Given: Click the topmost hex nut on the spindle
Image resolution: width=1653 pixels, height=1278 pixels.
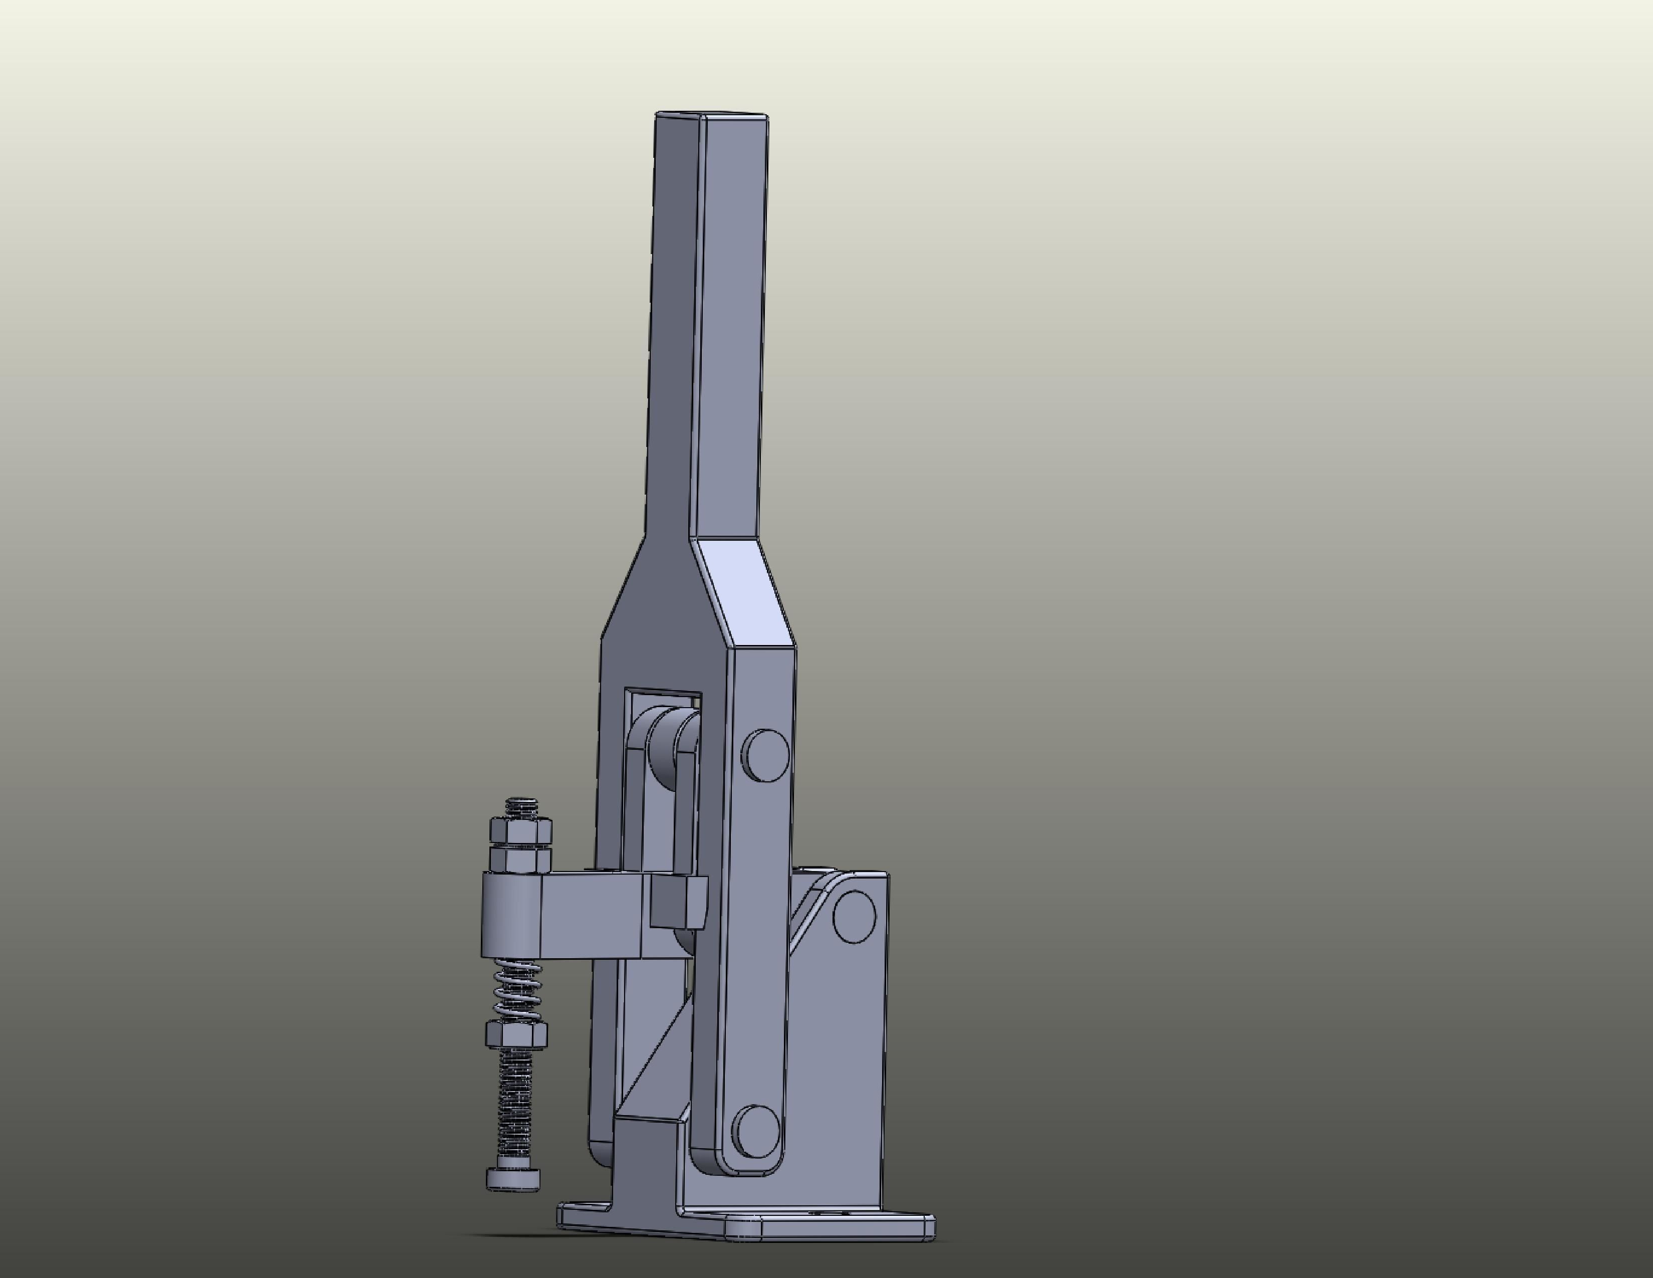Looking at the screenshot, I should point(521,830).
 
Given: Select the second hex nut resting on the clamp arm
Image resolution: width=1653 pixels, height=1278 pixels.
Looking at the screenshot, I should point(521,859).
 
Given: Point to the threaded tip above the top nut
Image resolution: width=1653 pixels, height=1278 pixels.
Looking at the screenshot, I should point(521,807).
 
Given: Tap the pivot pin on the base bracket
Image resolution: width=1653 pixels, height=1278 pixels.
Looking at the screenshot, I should point(855,916).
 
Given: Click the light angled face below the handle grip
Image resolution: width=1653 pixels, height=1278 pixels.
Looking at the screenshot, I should point(745,590).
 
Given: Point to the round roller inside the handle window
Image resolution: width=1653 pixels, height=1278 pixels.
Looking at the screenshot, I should point(670,750).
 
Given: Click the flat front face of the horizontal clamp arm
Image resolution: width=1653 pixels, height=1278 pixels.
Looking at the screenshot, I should point(594,916).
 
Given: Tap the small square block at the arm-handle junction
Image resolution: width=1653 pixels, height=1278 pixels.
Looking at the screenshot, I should point(677,903).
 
